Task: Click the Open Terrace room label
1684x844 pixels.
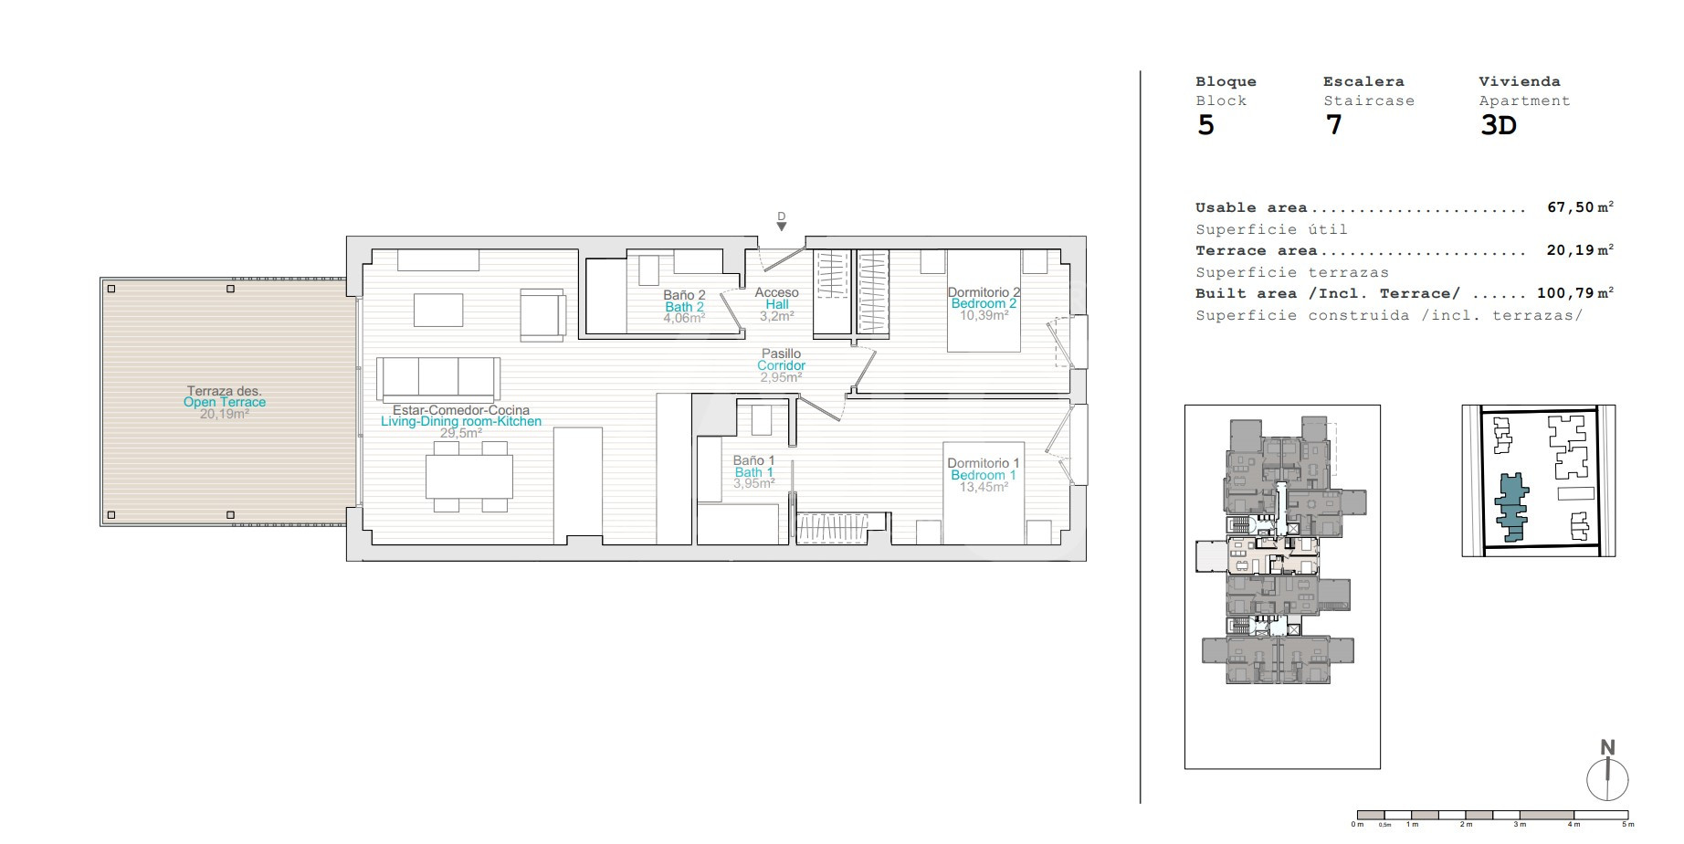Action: (225, 402)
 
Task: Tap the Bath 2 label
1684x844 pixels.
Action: (684, 307)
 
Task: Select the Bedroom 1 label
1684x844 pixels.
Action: (984, 475)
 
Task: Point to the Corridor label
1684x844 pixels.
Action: (781, 365)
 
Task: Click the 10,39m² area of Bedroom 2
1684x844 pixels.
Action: (984, 316)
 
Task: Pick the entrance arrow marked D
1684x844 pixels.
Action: (781, 226)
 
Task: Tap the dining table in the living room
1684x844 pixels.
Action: (469, 477)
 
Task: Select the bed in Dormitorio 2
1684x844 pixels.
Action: (984, 301)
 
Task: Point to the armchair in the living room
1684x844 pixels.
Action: (542, 315)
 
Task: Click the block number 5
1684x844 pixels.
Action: (1205, 125)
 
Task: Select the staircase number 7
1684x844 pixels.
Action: (1333, 125)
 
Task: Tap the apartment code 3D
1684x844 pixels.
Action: (1498, 125)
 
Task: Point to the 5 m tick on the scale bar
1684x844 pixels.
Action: (1628, 815)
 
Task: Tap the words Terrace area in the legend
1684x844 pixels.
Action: (1257, 250)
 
